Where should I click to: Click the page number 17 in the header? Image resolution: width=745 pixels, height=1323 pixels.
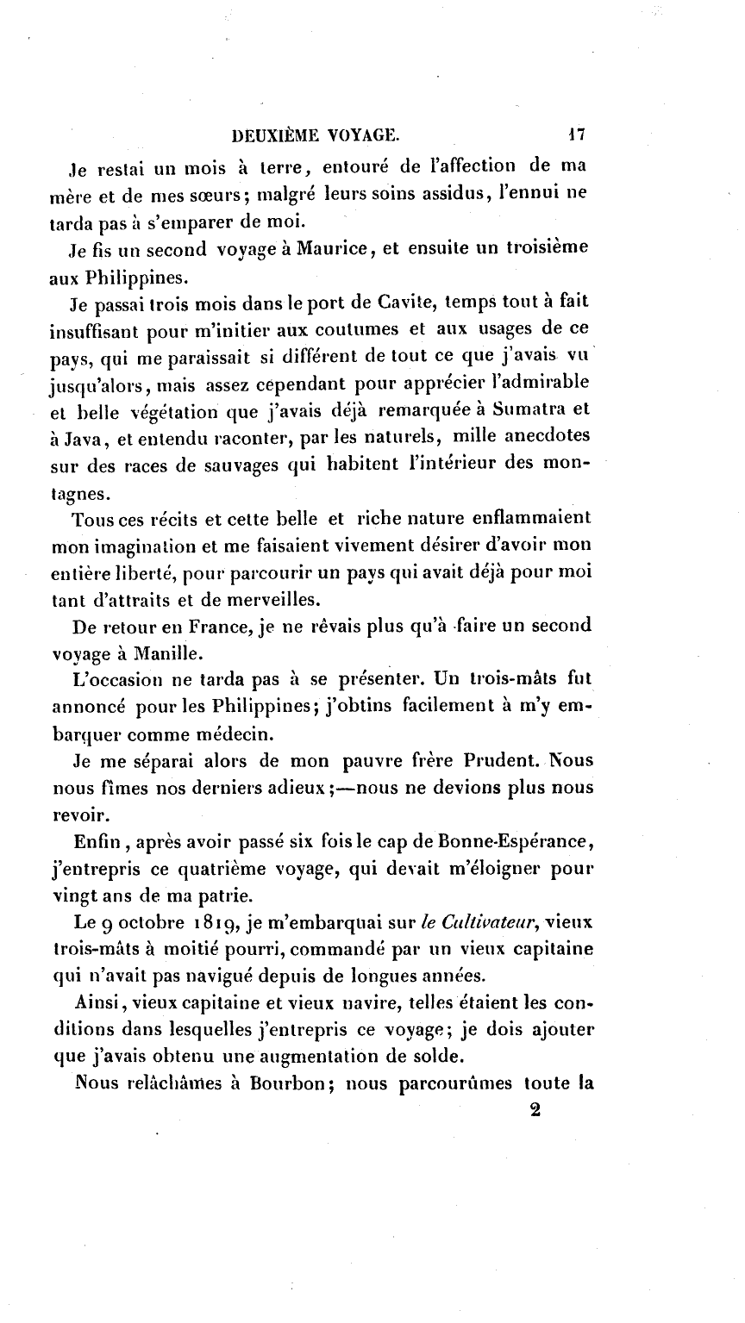(577, 134)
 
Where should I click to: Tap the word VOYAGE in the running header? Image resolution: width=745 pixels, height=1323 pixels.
(361, 134)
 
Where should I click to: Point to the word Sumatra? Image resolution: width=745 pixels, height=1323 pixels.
(530, 409)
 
